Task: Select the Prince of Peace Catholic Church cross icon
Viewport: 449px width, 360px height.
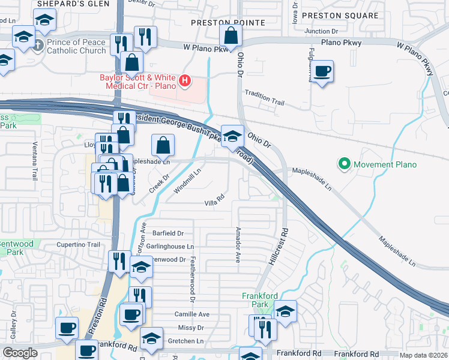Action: [38, 45]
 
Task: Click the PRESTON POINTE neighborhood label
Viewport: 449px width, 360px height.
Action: [228, 23]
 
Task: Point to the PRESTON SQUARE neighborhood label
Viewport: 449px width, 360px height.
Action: [340, 16]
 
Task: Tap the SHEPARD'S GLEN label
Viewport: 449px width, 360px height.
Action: [73, 4]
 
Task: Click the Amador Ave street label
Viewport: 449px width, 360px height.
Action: [238, 245]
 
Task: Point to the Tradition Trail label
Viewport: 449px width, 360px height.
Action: [264, 103]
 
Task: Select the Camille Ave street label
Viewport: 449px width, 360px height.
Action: [192, 314]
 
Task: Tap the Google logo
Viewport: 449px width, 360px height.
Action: [20, 353]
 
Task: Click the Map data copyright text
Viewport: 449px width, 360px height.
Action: [423, 355]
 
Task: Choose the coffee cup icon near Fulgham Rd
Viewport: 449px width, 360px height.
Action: [322, 71]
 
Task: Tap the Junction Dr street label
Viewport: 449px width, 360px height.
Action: [322, 31]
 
